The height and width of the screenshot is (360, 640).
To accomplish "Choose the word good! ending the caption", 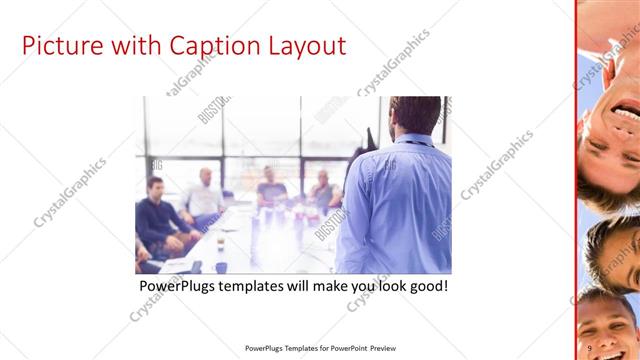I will (426, 286).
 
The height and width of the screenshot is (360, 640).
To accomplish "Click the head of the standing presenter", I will (414, 115).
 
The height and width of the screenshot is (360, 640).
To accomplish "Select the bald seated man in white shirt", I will (203, 195).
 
